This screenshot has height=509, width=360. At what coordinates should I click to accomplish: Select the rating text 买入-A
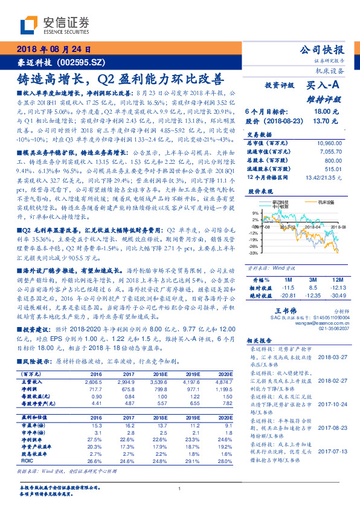324,86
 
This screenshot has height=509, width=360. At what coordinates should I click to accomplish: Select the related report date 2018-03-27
332,357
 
